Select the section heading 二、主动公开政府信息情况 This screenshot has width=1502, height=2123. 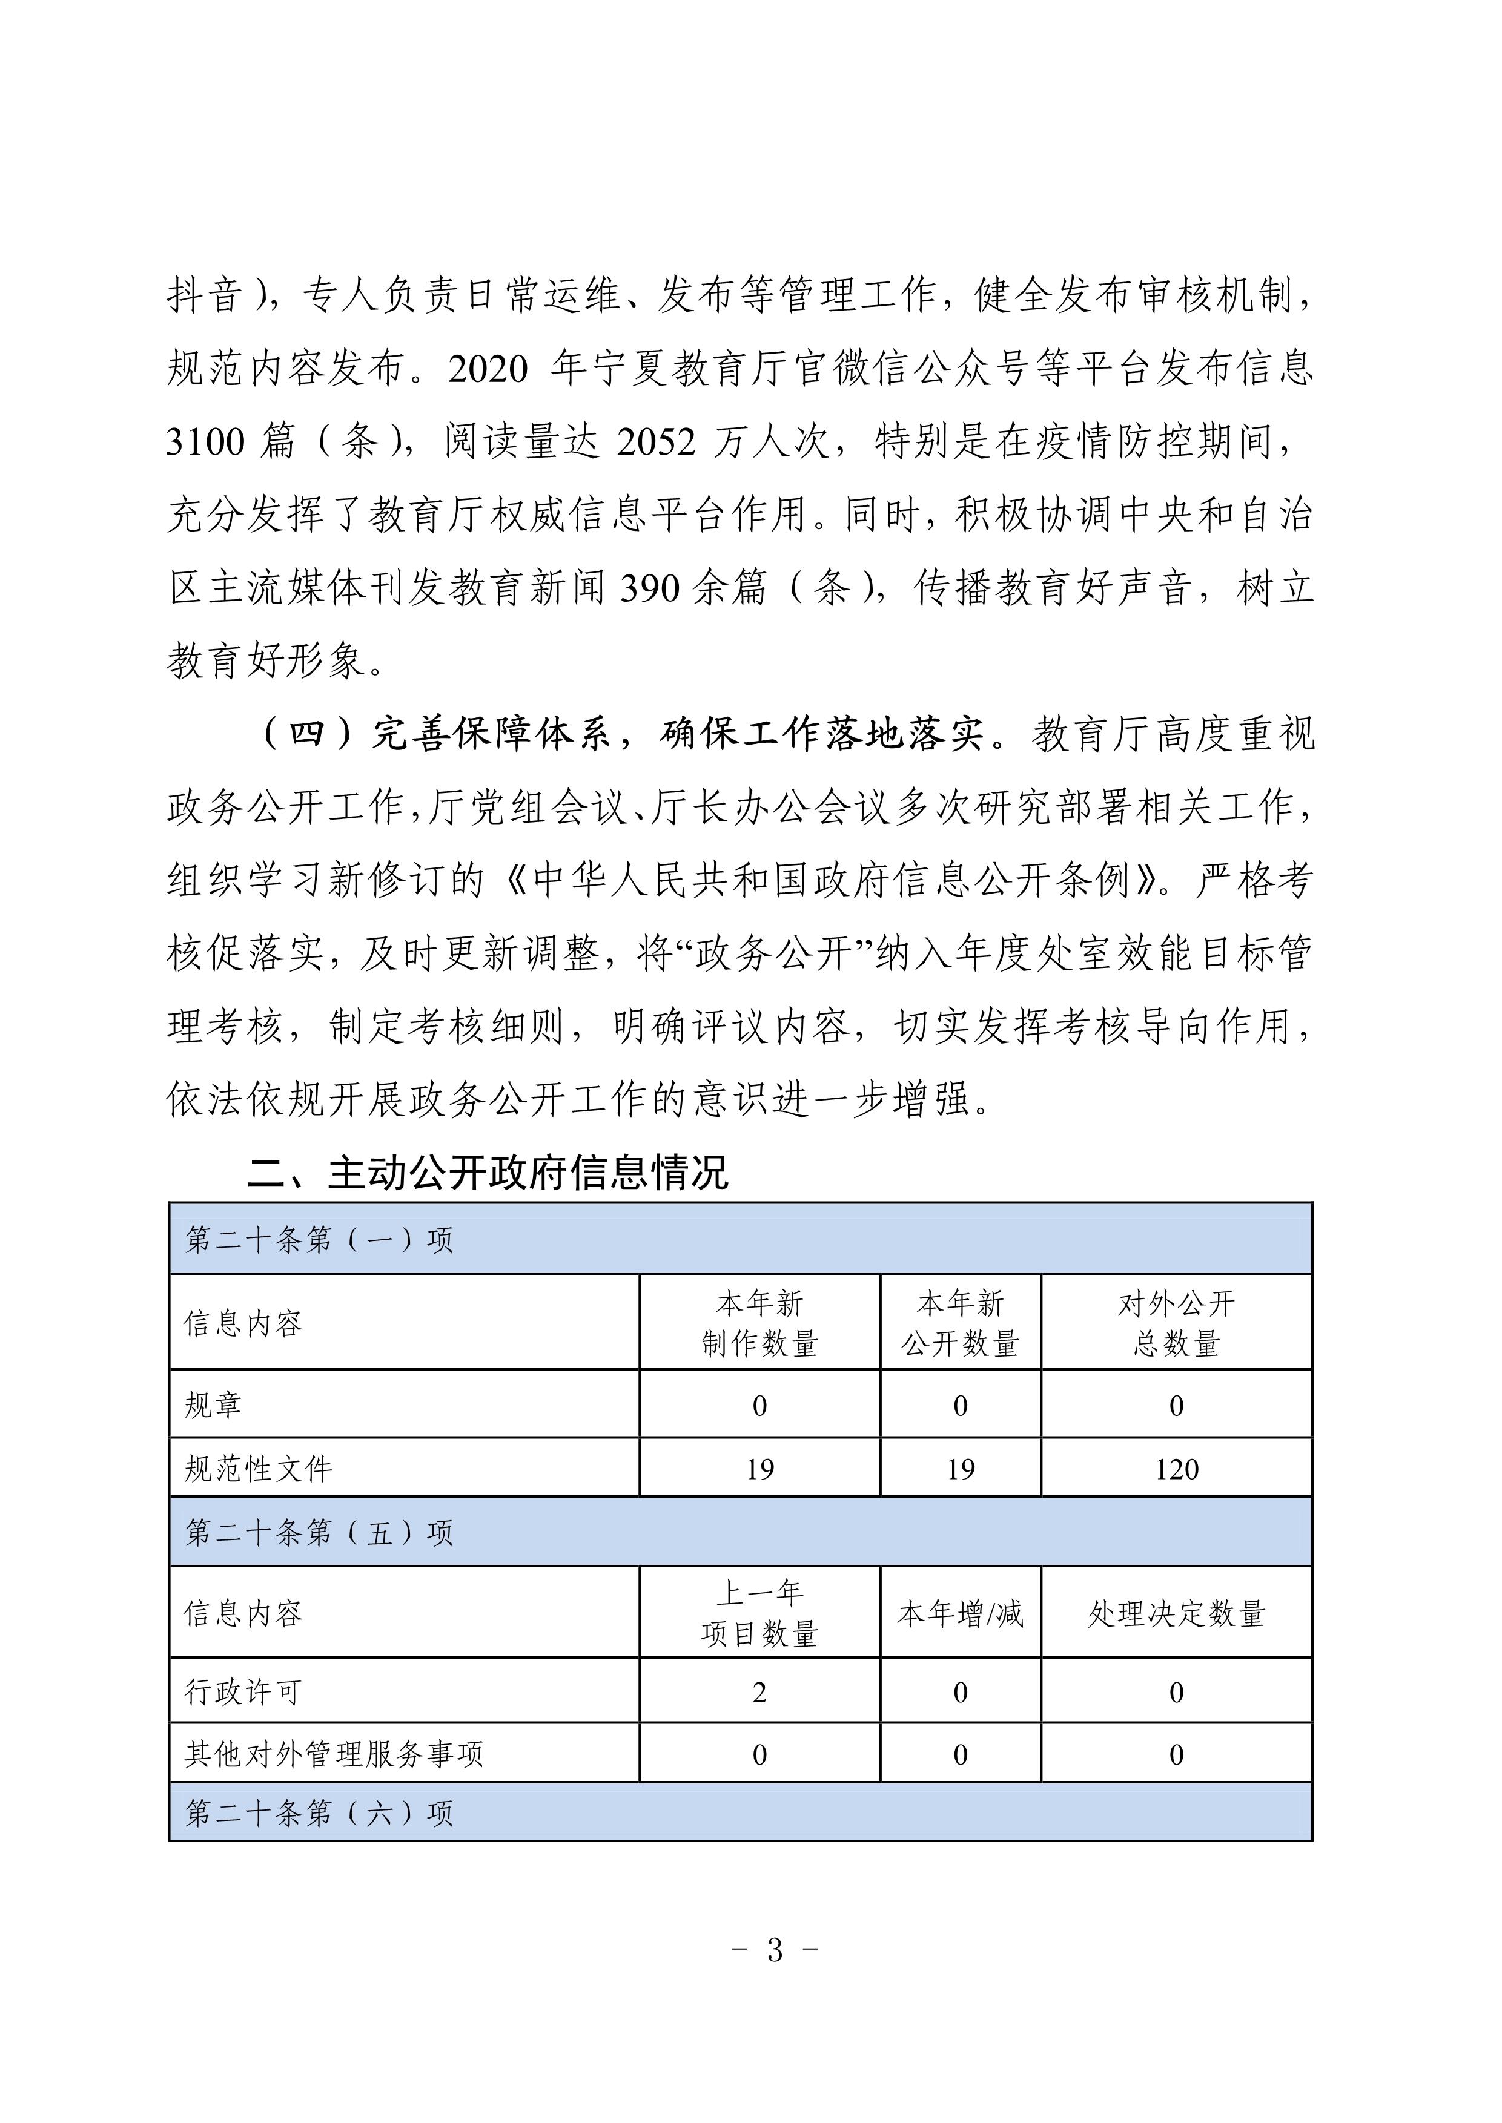click(x=488, y=1173)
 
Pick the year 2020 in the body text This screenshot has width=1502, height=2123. click(x=488, y=369)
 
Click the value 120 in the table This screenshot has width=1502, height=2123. click(x=1176, y=1469)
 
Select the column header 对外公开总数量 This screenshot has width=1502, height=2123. click(x=1176, y=1323)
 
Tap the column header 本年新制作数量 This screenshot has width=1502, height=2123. click(x=759, y=1323)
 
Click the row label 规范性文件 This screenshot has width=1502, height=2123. click(x=259, y=1469)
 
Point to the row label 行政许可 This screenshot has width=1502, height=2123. click(x=243, y=1692)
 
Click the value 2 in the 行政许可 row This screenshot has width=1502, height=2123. click(x=759, y=1692)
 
